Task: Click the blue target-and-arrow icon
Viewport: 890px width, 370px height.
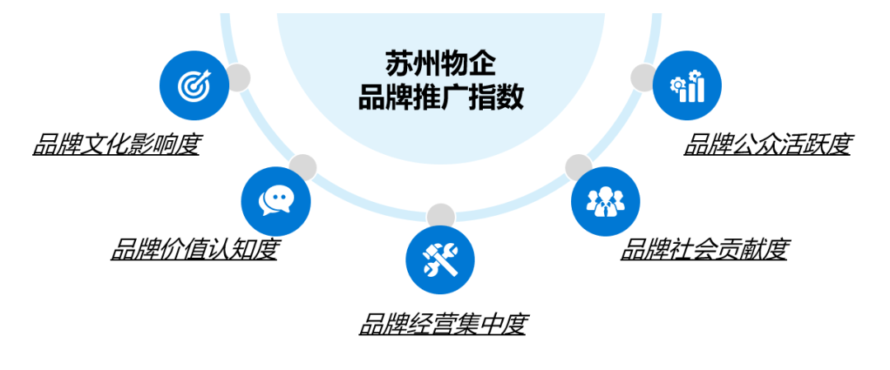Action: pos(194,85)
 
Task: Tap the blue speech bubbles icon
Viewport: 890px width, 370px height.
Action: pos(275,201)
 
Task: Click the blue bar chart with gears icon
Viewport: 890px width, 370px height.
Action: pos(687,85)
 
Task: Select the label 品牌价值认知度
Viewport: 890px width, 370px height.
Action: pos(194,249)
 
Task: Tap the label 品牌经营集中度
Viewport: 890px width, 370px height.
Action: pos(442,325)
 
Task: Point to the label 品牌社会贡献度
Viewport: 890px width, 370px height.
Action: pos(705,249)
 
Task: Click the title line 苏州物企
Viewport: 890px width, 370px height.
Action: pos(441,63)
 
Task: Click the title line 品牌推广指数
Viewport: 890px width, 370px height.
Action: pos(441,98)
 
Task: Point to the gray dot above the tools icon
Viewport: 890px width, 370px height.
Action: pos(441,217)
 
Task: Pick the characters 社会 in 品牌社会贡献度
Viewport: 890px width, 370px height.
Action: pos(705,249)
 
